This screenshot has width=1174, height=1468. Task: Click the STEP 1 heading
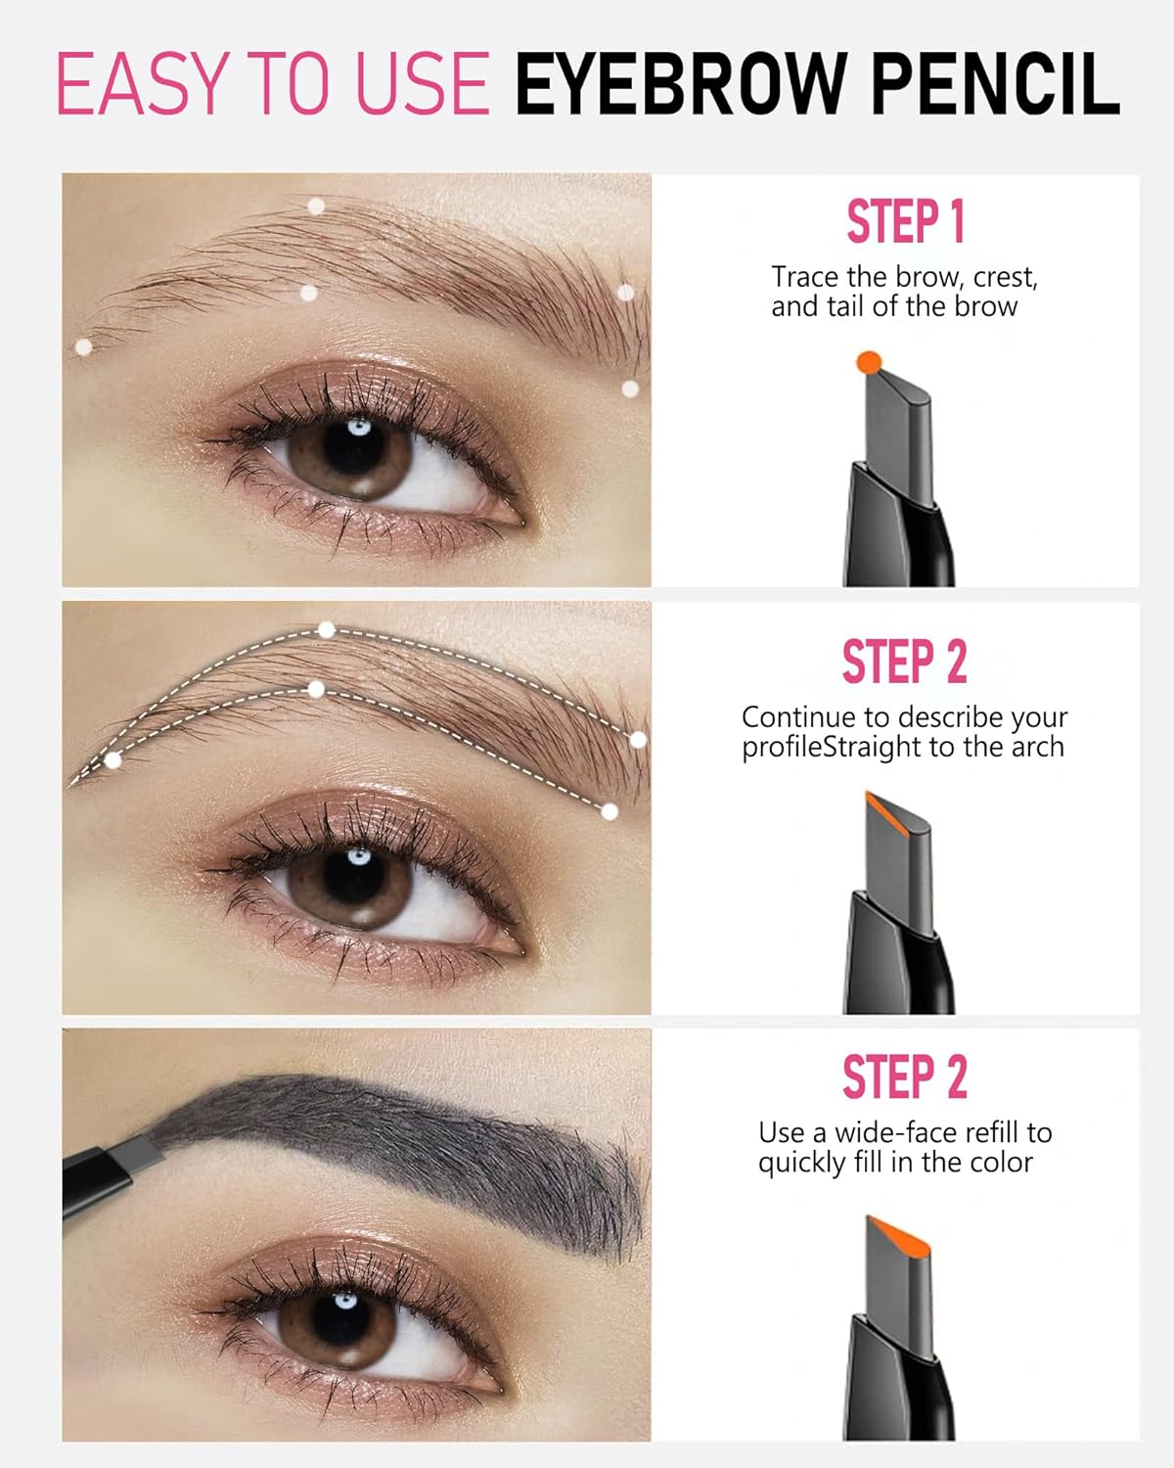[905, 221]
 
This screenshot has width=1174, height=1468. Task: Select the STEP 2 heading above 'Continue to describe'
[905, 662]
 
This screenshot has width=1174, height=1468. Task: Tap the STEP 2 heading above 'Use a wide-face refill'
[905, 1078]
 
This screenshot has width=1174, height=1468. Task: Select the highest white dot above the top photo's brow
[316, 206]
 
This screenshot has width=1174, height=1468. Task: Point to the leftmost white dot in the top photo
[83, 346]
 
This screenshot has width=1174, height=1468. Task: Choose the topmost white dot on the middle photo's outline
[327, 629]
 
